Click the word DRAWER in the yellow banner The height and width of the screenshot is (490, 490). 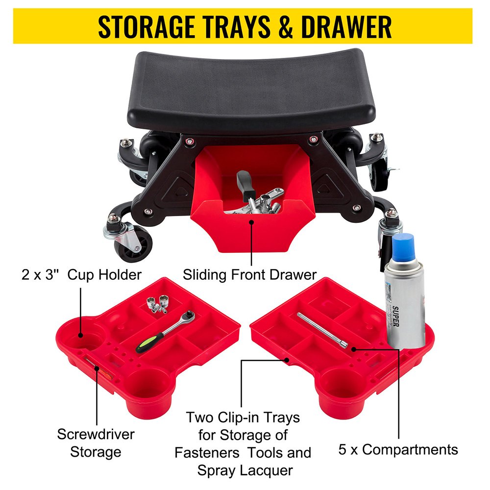point(346,27)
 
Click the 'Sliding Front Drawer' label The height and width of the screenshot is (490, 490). point(250,274)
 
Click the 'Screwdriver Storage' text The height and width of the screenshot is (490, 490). point(96,442)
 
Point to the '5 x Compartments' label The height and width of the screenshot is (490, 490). point(398,449)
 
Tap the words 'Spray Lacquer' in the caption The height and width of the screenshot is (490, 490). point(245,471)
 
